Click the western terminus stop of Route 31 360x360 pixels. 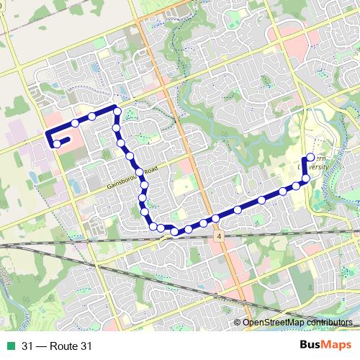pos(57,144)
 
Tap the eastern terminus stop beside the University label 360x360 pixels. pos(310,158)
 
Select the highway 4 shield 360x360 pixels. pos(217,235)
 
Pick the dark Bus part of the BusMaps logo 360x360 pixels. pos(310,346)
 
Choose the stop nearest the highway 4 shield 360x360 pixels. pos(215,218)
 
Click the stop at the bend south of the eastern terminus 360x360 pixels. pos(305,179)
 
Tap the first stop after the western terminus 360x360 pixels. pos(74,124)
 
